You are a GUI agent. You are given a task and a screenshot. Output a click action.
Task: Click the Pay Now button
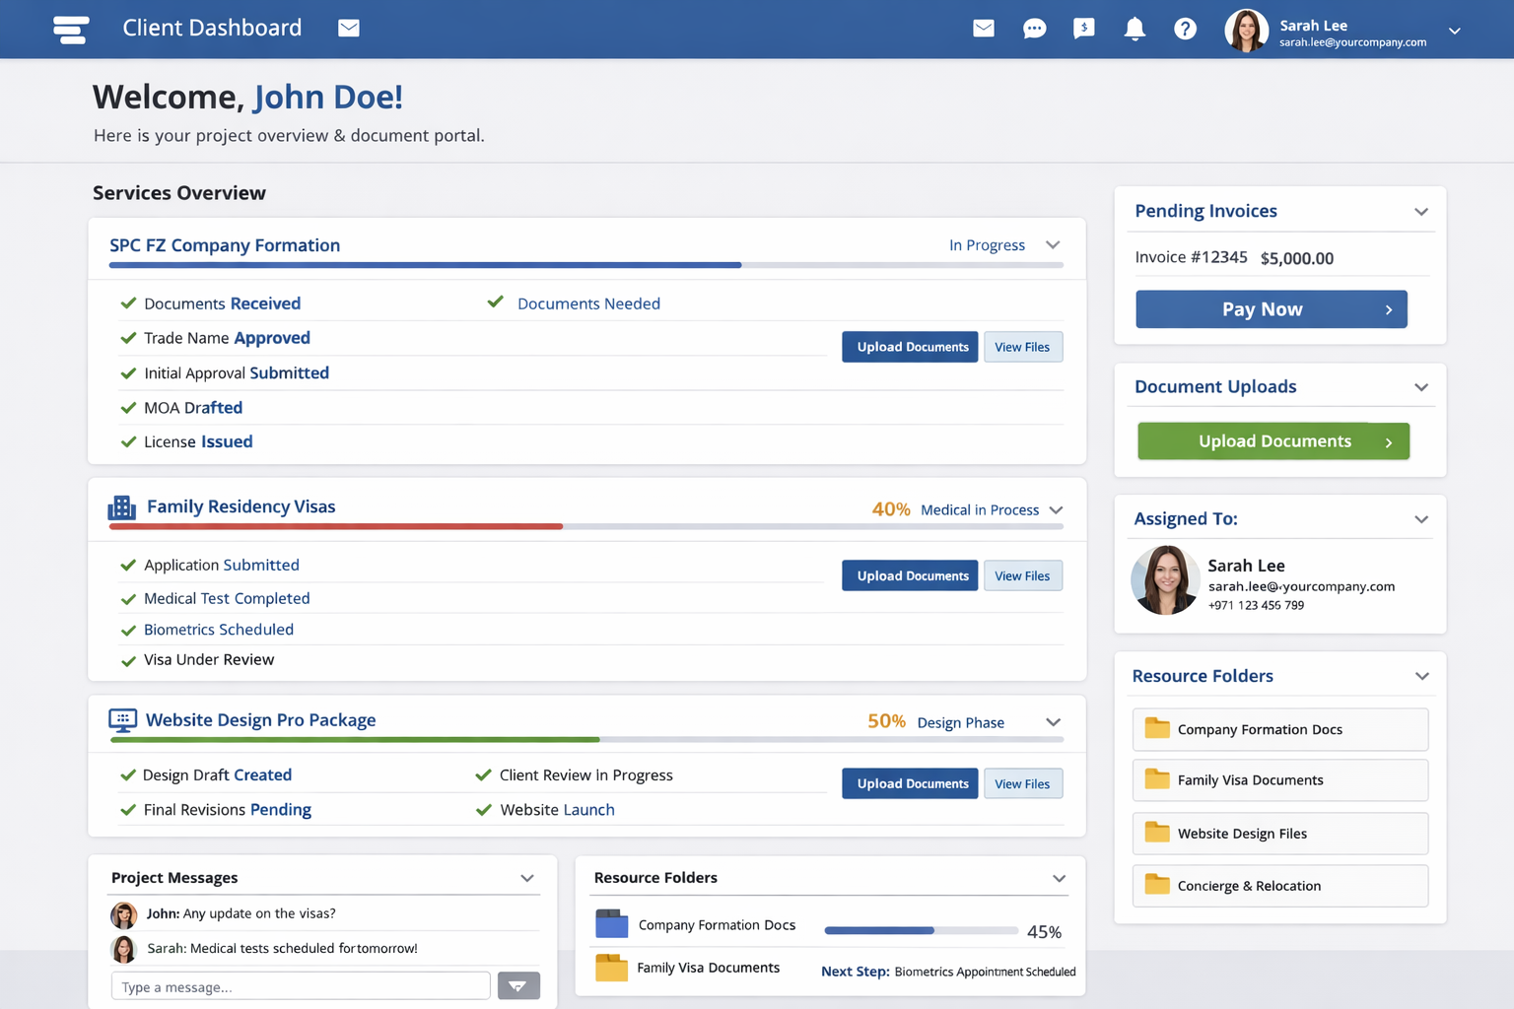click(x=1271, y=309)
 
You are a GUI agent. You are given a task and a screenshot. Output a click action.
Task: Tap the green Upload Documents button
click(x=1273, y=441)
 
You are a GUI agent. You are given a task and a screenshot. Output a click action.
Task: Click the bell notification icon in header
click(x=1135, y=29)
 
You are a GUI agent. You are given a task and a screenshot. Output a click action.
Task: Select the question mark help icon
click(x=1185, y=29)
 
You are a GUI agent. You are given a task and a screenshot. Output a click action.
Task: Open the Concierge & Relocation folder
click(x=1279, y=886)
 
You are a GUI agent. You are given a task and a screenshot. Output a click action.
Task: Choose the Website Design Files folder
click(x=1279, y=834)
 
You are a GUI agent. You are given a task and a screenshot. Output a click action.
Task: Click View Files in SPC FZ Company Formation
click(x=1022, y=347)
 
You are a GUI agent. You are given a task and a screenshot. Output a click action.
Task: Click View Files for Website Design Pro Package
click(x=1022, y=784)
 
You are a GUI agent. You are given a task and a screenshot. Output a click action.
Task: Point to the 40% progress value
click(x=891, y=509)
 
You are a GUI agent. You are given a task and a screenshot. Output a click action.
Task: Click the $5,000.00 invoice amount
click(x=1296, y=258)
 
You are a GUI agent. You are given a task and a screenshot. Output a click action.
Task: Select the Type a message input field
click(x=301, y=986)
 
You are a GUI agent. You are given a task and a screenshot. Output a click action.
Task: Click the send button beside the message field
click(x=518, y=986)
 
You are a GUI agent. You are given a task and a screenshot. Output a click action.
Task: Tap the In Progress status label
click(x=987, y=245)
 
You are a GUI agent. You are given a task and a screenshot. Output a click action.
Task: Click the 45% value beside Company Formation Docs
click(x=1044, y=932)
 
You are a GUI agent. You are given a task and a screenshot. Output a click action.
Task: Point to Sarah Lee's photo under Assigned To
click(x=1165, y=580)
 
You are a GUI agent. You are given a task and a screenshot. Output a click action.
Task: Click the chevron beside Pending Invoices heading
click(x=1420, y=212)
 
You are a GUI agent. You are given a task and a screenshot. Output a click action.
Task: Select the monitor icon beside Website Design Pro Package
click(x=122, y=720)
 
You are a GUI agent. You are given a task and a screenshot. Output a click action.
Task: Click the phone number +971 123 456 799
click(x=1256, y=606)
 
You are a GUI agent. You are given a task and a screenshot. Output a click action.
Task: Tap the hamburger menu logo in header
click(x=71, y=30)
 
